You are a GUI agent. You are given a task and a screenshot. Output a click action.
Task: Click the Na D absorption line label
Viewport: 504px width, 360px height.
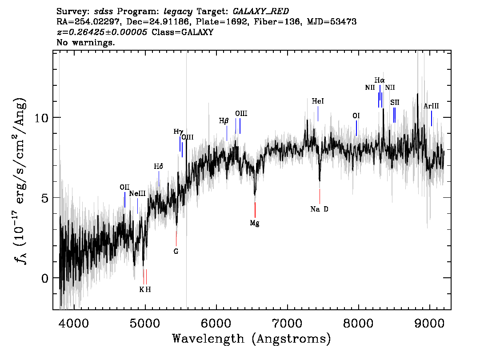[x=319, y=209]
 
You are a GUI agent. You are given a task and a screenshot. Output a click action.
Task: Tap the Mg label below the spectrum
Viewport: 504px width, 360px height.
[x=255, y=223]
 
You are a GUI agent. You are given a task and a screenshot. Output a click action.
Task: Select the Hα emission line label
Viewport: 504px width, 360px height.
[x=379, y=80]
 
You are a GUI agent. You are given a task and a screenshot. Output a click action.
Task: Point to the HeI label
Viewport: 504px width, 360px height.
[x=318, y=101]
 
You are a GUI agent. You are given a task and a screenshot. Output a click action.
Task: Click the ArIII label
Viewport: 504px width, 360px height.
[x=431, y=106]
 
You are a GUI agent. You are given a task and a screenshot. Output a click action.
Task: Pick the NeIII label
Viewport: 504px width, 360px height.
[x=137, y=193]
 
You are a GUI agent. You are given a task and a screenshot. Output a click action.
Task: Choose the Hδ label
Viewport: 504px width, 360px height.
[x=159, y=166]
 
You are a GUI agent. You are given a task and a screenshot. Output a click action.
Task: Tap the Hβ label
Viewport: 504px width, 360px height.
[x=224, y=121]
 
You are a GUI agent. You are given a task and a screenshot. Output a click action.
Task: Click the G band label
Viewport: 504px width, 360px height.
[x=176, y=252]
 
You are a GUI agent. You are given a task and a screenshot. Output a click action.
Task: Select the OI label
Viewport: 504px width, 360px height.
[x=356, y=116]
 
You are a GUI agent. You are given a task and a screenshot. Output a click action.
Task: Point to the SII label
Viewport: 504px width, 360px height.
[x=395, y=102]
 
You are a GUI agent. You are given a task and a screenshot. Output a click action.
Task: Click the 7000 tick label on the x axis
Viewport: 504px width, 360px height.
[x=287, y=323]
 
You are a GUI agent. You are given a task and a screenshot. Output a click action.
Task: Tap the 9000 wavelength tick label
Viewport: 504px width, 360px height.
[x=429, y=323]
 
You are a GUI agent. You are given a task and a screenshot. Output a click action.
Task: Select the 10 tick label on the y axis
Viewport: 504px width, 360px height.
[x=41, y=118]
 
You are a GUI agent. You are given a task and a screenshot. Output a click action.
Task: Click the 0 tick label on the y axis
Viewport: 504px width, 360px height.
[x=45, y=278]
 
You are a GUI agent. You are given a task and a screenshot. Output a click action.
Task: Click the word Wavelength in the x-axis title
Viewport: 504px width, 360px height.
[x=208, y=339]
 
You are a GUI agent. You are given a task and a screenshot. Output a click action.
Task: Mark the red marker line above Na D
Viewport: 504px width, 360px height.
[x=320, y=196]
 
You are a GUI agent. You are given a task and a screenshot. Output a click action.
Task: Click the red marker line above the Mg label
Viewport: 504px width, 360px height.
[x=255, y=210]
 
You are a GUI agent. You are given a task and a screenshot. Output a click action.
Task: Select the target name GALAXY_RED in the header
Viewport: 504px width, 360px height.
[x=261, y=12]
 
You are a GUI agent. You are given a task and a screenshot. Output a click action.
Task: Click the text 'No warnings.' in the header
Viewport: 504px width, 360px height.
[x=85, y=42]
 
